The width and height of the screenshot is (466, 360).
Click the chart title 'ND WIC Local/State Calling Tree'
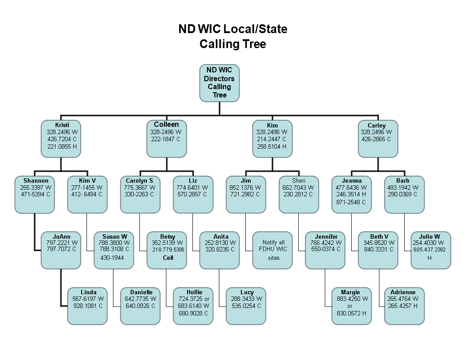(x=233, y=36)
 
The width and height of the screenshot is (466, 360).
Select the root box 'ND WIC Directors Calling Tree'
(x=219, y=83)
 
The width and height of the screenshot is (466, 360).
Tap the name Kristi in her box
(x=62, y=125)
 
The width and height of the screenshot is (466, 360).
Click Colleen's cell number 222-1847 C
(x=166, y=139)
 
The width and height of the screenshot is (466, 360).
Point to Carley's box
(x=378, y=139)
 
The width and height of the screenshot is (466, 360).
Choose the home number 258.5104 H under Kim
(x=272, y=146)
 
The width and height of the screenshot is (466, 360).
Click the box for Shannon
(x=34, y=195)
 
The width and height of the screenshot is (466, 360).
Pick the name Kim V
(x=87, y=180)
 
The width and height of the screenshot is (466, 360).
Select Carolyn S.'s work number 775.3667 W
(x=140, y=188)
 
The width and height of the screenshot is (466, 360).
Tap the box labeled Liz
(x=193, y=195)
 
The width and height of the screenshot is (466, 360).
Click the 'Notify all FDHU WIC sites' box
(x=273, y=251)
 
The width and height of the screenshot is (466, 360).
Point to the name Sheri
(x=299, y=180)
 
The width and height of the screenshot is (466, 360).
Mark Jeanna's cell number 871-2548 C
(x=351, y=202)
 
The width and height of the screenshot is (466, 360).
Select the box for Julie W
(x=431, y=251)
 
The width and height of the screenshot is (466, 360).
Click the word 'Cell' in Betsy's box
(x=168, y=258)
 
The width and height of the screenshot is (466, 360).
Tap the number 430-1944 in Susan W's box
(x=112, y=258)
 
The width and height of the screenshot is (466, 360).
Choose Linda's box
(x=87, y=306)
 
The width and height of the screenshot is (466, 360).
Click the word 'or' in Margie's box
(x=350, y=306)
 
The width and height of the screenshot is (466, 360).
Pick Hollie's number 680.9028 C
(x=193, y=313)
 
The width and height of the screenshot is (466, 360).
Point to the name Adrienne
(x=403, y=292)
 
